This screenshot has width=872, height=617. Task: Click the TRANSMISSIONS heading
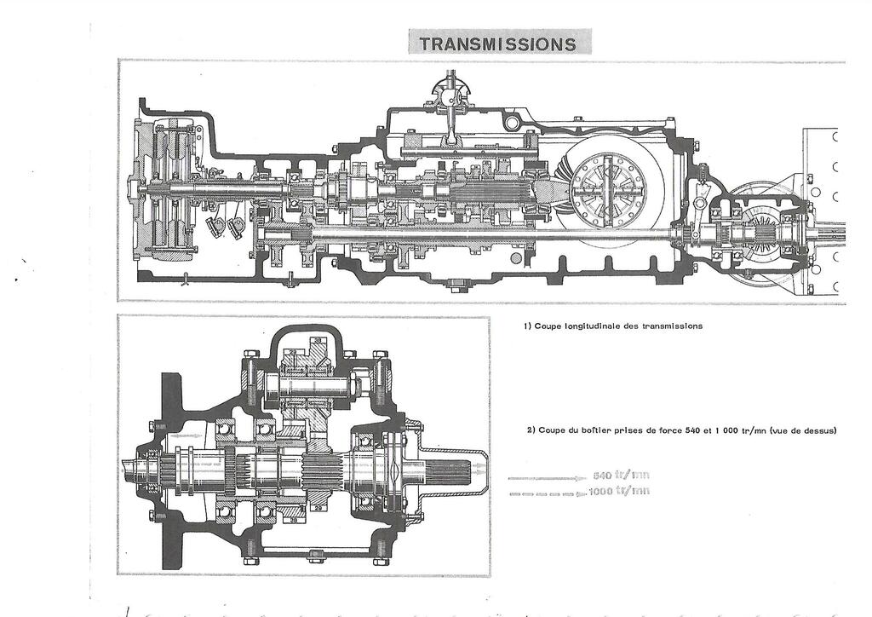[498, 43]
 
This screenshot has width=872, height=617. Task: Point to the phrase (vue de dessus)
[804, 430]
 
